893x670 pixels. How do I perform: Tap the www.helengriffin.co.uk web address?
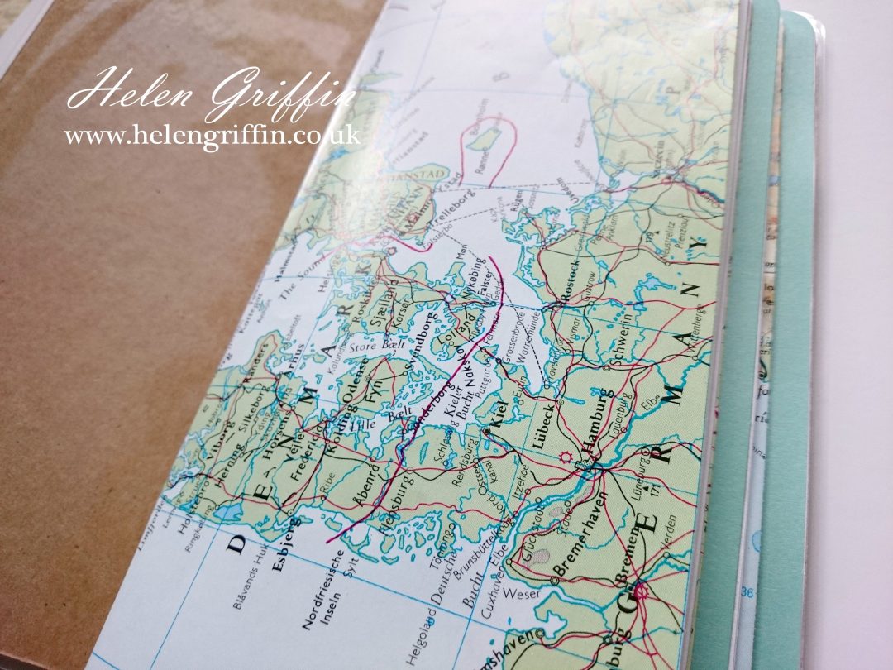(x=212, y=135)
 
